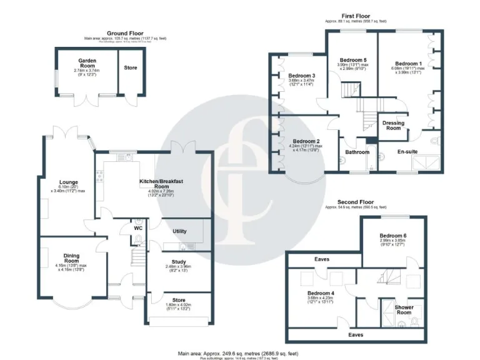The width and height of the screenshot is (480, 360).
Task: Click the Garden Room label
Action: point(87,64)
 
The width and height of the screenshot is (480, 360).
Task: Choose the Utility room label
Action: point(179,231)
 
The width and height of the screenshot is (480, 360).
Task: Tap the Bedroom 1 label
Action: point(407,63)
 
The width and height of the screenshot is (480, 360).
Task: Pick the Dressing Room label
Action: point(393,125)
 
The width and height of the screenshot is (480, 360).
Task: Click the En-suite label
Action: point(409,151)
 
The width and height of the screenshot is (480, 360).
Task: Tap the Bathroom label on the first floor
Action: point(354,151)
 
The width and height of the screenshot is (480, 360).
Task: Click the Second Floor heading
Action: point(356,202)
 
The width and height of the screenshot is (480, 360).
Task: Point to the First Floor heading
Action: point(356,16)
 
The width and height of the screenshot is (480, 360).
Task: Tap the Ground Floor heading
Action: point(125,33)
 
